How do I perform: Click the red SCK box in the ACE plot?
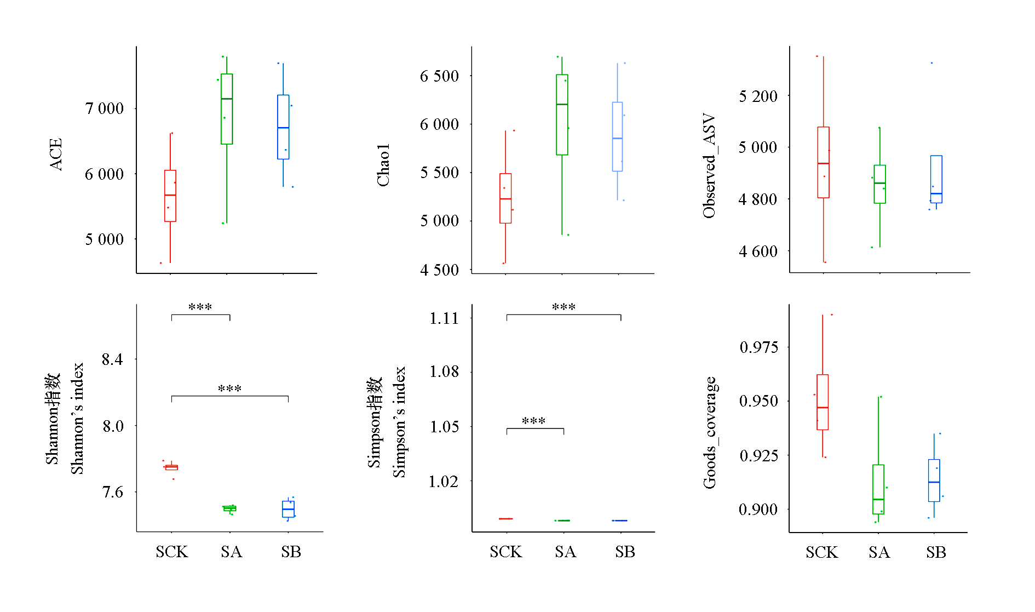pyautogui.click(x=170, y=196)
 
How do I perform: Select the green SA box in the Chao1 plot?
pyautogui.click(x=562, y=115)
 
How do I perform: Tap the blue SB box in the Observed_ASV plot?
pyautogui.click(x=936, y=179)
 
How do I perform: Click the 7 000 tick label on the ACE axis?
pyautogui.click(x=105, y=108)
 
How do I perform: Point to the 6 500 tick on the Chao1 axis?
pyautogui.click(x=439, y=76)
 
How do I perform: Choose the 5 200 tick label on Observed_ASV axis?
pyautogui.click(x=758, y=96)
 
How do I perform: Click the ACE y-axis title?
pyautogui.click(x=55, y=155)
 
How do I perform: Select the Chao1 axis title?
pyautogui.click(x=383, y=165)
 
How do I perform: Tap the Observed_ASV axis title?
pyautogui.click(x=709, y=165)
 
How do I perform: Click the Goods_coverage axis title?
pyautogui.click(x=710, y=432)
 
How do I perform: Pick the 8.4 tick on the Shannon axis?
pyautogui.click(x=112, y=359)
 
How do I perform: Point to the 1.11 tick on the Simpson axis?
pyautogui.click(x=444, y=318)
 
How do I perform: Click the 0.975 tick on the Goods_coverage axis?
pyautogui.click(x=758, y=347)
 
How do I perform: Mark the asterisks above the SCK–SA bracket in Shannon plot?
pyautogui.click(x=200, y=307)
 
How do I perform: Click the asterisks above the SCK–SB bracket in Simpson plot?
pyautogui.click(x=563, y=307)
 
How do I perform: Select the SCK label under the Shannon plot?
pyautogui.click(x=171, y=552)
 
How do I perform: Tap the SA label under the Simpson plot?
pyautogui.click(x=565, y=552)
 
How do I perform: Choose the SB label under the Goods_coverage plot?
pyautogui.click(x=936, y=552)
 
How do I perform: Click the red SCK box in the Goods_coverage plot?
pyautogui.click(x=823, y=402)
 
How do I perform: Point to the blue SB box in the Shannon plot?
pyautogui.click(x=288, y=509)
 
